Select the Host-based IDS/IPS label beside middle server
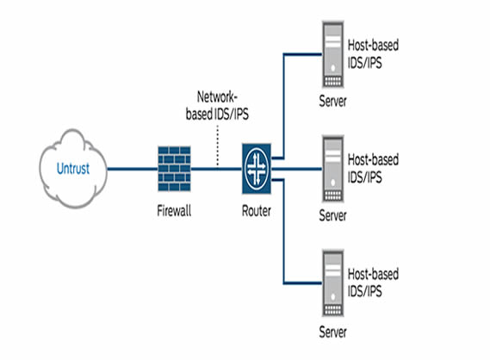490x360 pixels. coord(372,166)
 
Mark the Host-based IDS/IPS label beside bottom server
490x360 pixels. coord(372,280)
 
